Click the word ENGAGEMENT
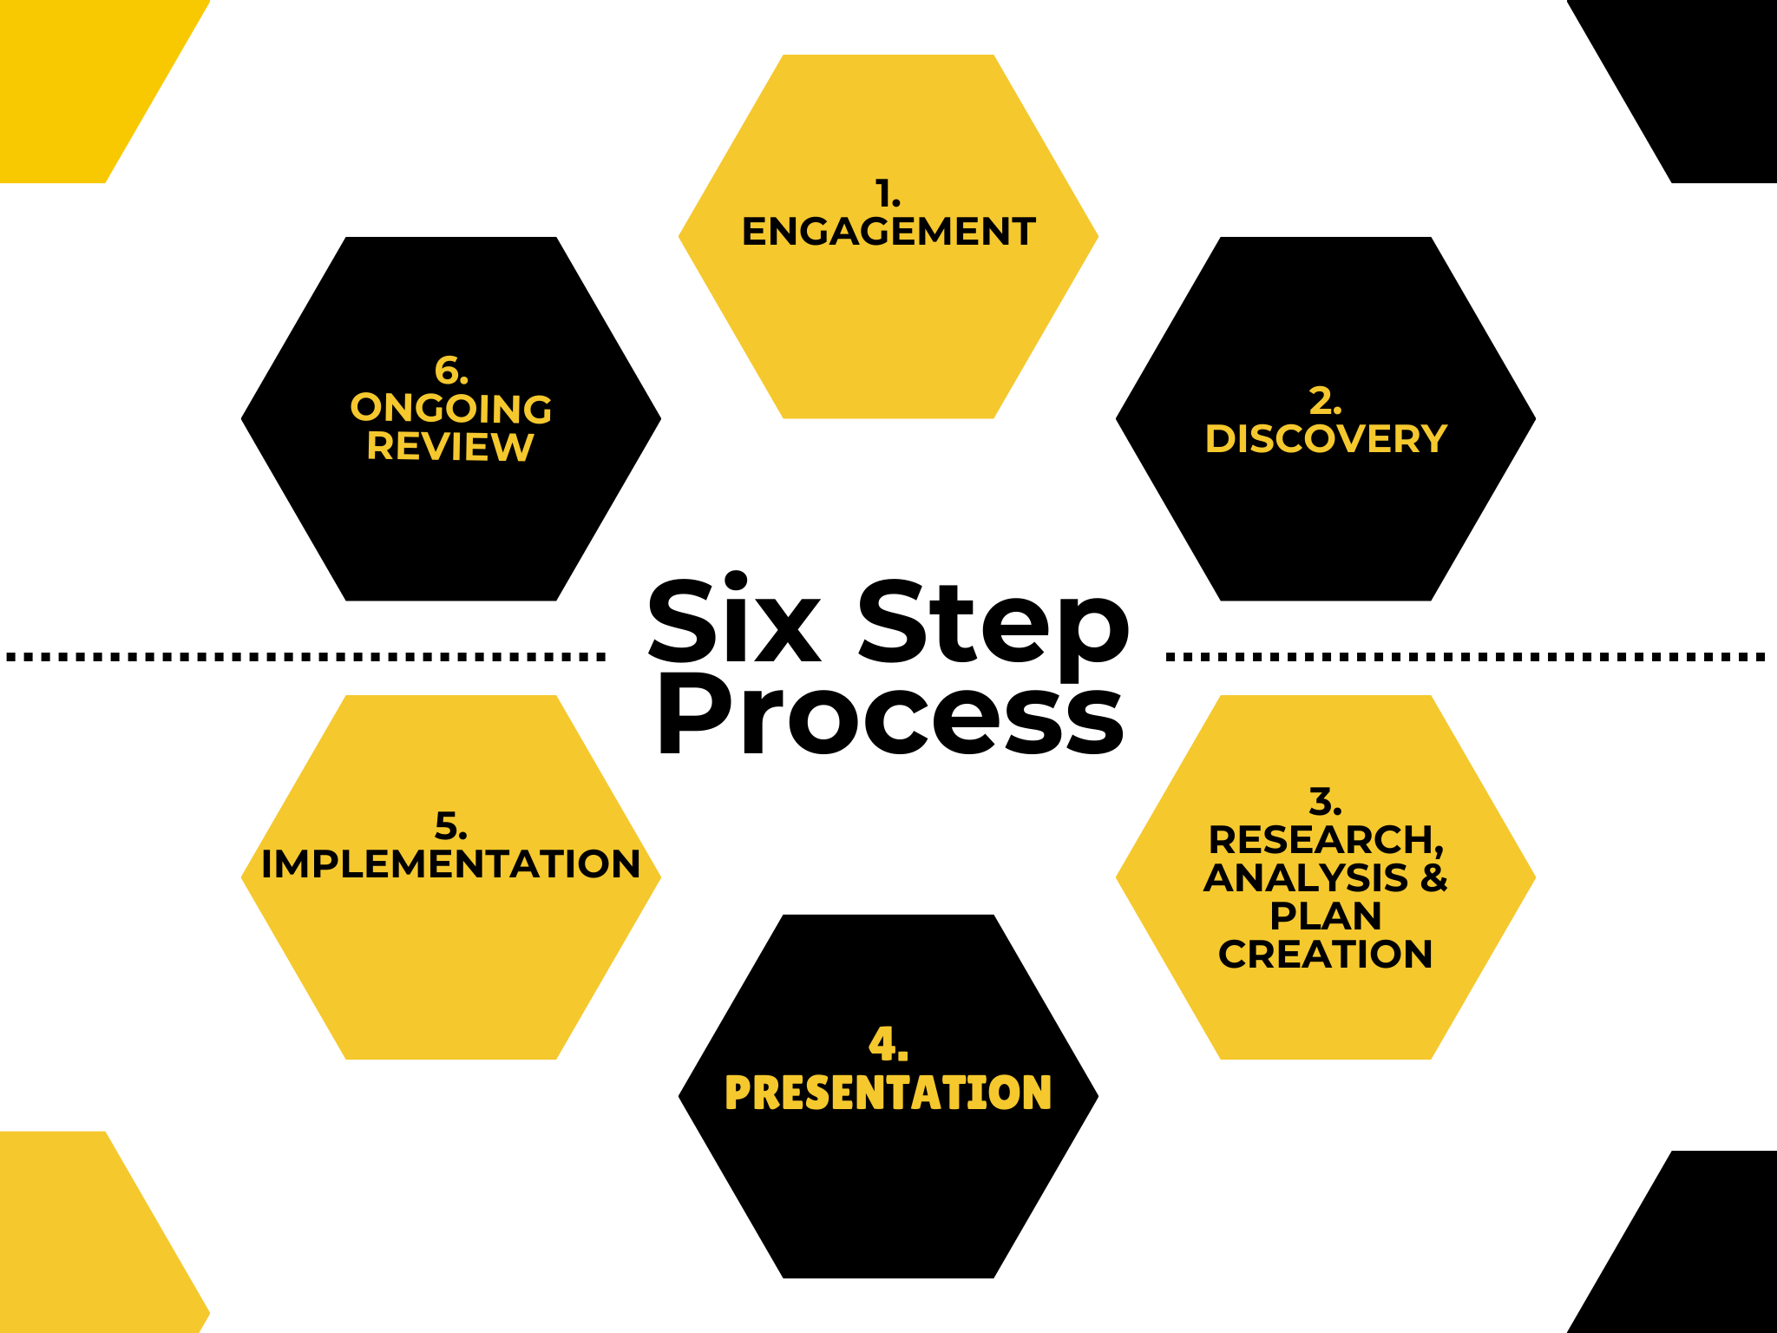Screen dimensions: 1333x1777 [888, 232]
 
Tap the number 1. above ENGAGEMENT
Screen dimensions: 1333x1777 [887, 194]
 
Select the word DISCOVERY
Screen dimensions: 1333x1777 [1326, 439]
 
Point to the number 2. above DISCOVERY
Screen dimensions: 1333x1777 [1325, 401]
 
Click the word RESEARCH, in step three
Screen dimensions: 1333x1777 [1325, 840]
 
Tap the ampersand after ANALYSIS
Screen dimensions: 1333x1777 [1433, 877]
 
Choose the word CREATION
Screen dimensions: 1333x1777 [1325, 955]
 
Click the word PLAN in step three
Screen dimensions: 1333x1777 [1325, 916]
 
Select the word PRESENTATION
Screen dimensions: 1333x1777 [888, 1093]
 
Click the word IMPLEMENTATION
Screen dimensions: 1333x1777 [450, 864]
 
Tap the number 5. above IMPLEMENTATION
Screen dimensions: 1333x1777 [450, 826]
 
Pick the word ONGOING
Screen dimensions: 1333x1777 [450, 409]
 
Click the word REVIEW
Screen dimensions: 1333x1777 [449, 447]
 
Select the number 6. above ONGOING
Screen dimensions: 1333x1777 [450, 371]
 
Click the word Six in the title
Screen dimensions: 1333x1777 [734, 621]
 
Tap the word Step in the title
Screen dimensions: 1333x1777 [993, 625]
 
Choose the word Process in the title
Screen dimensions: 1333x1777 [890, 715]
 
